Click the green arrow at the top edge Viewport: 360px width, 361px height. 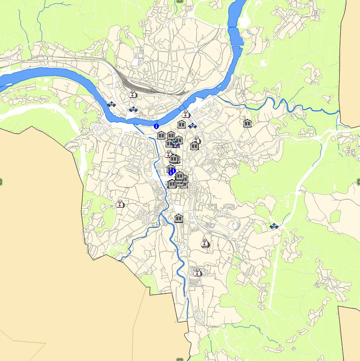point(180,1)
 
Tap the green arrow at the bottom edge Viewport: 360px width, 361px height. point(180,359)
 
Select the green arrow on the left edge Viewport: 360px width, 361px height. point(1,181)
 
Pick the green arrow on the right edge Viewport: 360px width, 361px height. point(359,181)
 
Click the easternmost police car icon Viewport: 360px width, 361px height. point(274,226)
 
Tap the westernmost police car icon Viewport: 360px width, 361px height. point(112,104)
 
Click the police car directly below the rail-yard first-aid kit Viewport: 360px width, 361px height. point(133,109)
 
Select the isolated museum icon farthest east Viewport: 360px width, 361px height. point(247,123)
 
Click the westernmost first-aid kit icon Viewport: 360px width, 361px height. point(120,204)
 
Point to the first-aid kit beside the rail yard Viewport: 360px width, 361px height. point(133,95)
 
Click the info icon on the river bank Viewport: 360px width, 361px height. point(156,126)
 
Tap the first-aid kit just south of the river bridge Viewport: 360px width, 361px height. point(186,114)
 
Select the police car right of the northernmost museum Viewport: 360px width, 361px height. point(193,126)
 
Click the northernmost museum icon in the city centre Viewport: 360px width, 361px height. point(181,125)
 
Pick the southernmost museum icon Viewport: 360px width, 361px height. point(178,218)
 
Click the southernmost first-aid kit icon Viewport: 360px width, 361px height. point(197,273)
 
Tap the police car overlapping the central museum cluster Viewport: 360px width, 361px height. point(176,144)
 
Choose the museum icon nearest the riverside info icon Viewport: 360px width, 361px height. point(161,136)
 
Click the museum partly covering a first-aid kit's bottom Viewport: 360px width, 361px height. point(195,146)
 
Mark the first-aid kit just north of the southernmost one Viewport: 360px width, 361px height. point(205,244)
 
